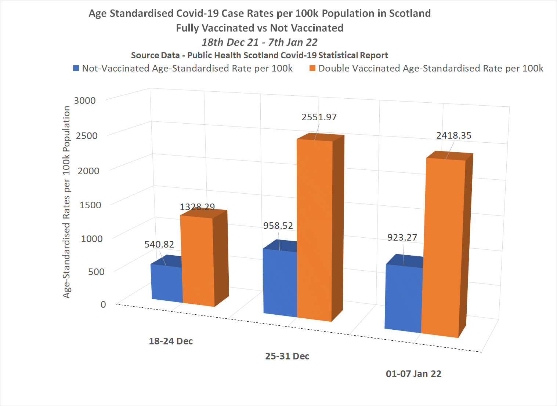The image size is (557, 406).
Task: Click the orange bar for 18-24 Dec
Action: coord(198,260)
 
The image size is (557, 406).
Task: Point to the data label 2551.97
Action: coord(319,117)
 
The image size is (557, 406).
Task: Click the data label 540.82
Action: coord(159,244)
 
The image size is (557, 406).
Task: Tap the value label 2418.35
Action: coord(454,135)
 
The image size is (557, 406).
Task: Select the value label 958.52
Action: coord(278,226)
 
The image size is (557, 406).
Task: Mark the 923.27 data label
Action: coord(402,237)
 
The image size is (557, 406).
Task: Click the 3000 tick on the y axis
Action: coord(85,100)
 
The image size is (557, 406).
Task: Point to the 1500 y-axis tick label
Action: coord(90,205)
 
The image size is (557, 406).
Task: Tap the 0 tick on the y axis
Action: coord(103,304)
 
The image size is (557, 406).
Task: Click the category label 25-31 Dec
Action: coord(287,356)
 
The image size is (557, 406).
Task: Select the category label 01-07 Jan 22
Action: coord(413,374)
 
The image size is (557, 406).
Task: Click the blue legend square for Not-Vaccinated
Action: coord(76,68)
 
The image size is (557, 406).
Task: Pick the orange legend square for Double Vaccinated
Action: coord(312,68)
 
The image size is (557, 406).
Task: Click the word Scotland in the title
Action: coord(410,13)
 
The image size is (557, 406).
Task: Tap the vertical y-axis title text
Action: coord(66,202)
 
